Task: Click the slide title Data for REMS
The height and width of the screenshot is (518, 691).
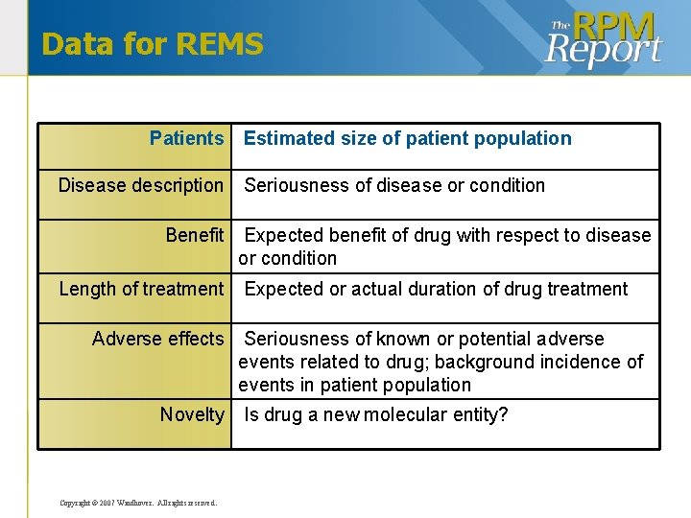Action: point(153,44)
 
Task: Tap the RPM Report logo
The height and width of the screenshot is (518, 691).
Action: point(604,39)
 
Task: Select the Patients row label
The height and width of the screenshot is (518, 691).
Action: point(186,138)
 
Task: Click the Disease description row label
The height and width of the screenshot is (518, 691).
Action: point(140,185)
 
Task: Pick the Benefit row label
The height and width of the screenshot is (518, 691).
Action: point(194,235)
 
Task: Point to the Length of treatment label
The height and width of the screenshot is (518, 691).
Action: point(141,289)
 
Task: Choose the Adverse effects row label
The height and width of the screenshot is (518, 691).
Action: point(157,339)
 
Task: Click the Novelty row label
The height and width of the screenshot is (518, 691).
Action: point(191,414)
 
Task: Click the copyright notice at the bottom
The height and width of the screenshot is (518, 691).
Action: point(138,503)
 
